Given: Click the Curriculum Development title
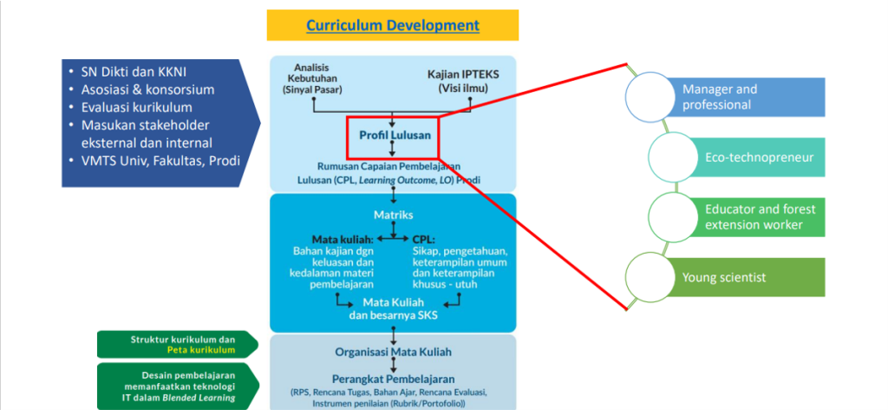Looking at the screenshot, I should (392, 25).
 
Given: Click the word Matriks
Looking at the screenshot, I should (393, 214).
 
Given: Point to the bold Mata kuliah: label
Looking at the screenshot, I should (342, 240).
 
